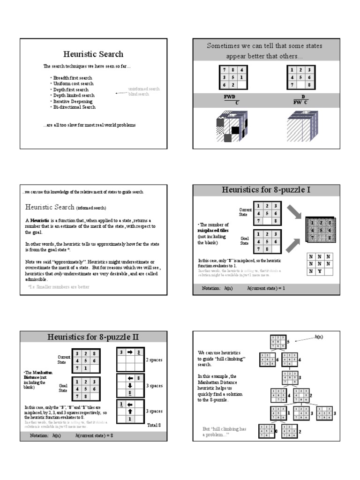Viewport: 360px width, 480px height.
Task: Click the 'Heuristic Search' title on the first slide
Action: coord(93,54)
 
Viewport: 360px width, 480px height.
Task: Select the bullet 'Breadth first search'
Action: coord(73,78)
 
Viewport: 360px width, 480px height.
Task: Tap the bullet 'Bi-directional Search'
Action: coord(74,107)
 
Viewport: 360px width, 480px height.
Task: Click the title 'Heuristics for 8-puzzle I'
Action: coord(266,190)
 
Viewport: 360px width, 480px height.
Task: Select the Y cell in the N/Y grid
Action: coord(318,271)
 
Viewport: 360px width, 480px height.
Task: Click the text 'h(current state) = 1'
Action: coord(266,288)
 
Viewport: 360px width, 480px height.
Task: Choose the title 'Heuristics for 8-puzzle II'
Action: coord(93,337)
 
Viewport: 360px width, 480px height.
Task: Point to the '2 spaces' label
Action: coord(154,360)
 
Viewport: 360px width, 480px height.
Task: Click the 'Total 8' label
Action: coord(154,425)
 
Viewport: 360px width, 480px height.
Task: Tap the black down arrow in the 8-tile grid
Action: coord(131,385)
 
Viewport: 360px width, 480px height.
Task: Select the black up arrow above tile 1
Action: coord(131,411)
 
